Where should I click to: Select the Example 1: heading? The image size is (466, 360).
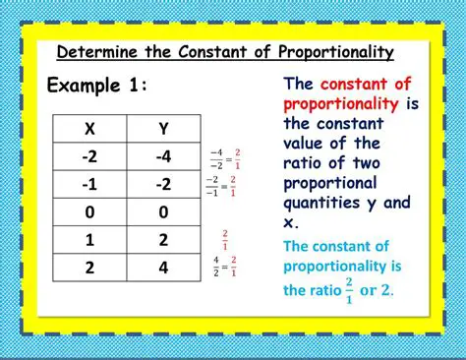(x=97, y=86)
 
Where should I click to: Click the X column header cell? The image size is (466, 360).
(x=90, y=128)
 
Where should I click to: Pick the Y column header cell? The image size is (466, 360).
(x=163, y=128)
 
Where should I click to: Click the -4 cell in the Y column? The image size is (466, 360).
(x=163, y=155)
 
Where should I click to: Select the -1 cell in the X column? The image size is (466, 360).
(x=90, y=184)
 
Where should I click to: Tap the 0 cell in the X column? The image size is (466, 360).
(x=90, y=211)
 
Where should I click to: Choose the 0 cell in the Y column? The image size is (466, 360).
(x=163, y=211)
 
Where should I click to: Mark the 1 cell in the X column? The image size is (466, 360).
(x=90, y=239)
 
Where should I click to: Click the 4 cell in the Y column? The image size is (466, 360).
(x=163, y=267)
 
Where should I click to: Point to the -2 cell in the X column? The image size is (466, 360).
(x=90, y=155)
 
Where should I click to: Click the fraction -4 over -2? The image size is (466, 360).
(x=214, y=157)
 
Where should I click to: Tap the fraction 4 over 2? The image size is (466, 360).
(x=216, y=266)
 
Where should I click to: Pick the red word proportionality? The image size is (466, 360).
(x=340, y=103)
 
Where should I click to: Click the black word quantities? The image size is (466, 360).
(x=323, y=203)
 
